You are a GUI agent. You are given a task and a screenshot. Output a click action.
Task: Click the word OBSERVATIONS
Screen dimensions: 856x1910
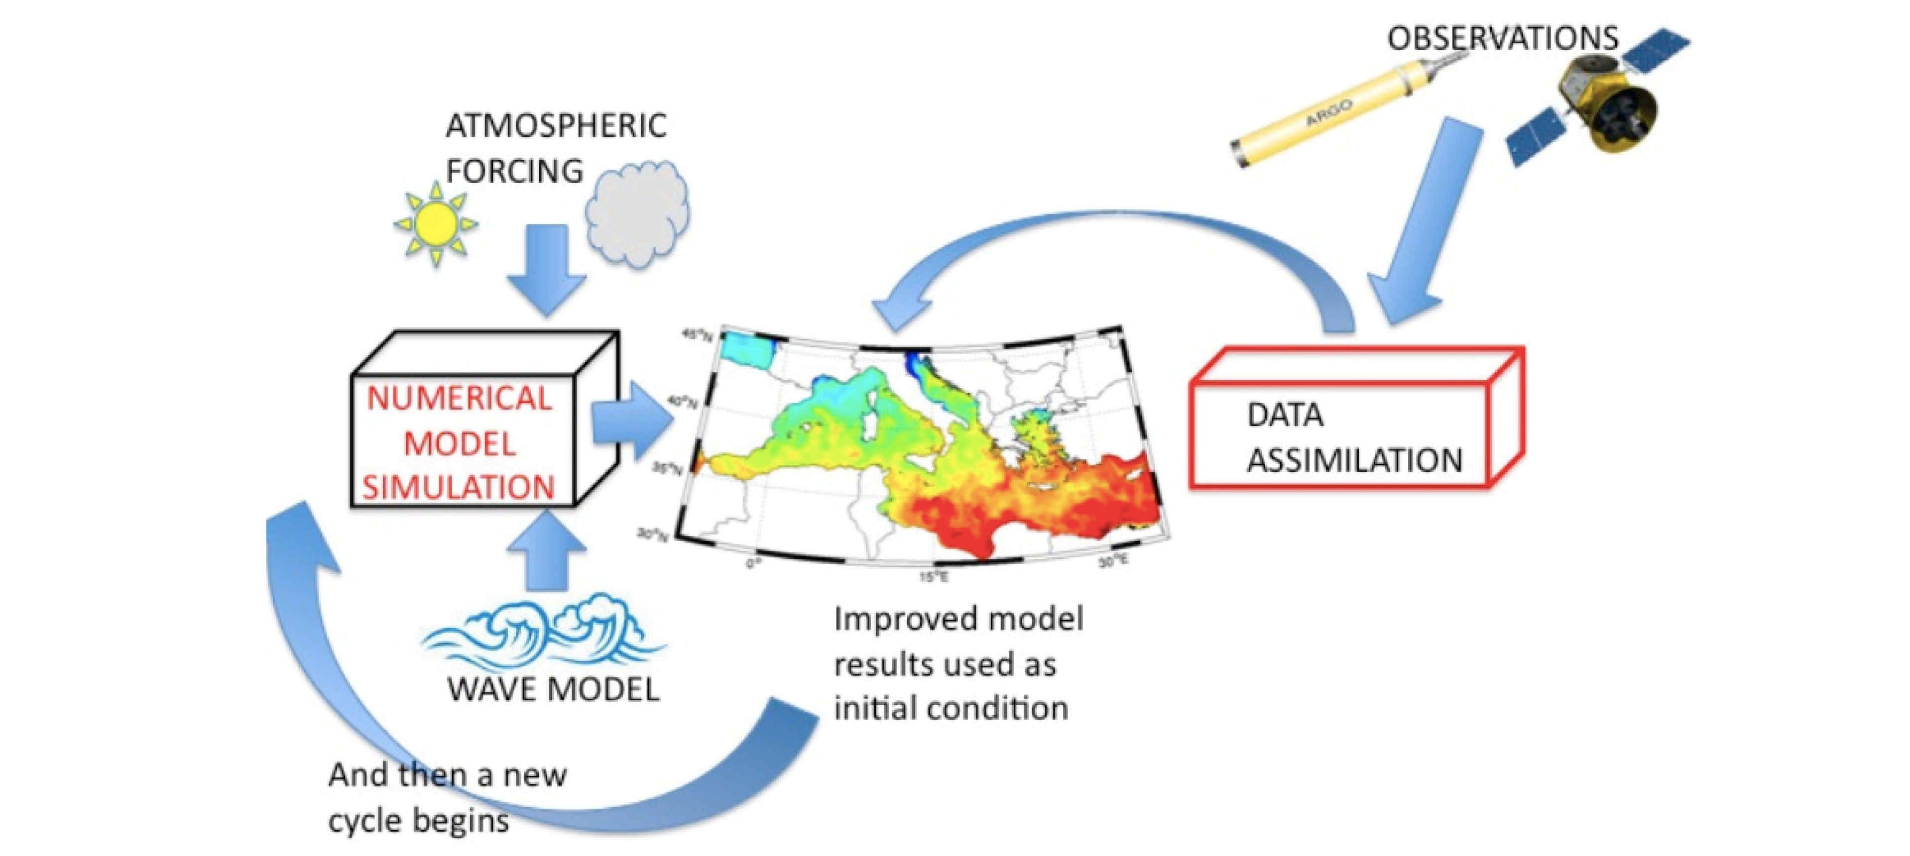point(1502,38)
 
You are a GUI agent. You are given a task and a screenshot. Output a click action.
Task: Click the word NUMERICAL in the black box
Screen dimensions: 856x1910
point(459,399)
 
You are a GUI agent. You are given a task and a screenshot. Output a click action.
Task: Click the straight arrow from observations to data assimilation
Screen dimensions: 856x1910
point(1424,222)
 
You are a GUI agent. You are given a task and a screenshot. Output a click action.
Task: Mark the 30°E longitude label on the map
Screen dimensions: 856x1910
point(1114,562)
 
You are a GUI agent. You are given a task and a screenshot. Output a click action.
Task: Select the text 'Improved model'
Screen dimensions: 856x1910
point(958,619)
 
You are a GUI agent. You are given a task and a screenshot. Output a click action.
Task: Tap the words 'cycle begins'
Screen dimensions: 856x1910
point(418,821)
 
